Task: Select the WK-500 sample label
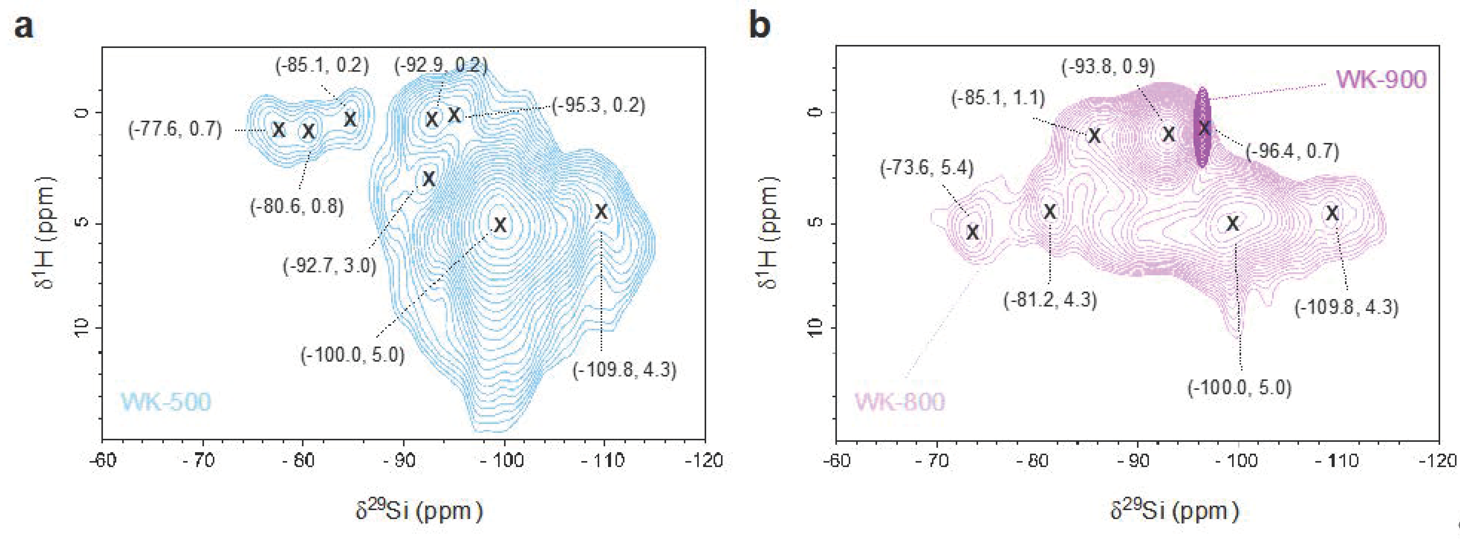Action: [x=165, y=402]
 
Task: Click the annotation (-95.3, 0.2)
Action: [x=599, y=106]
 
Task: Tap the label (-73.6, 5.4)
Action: [x=927, y=168]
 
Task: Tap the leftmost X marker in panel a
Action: [x=278, y=130]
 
